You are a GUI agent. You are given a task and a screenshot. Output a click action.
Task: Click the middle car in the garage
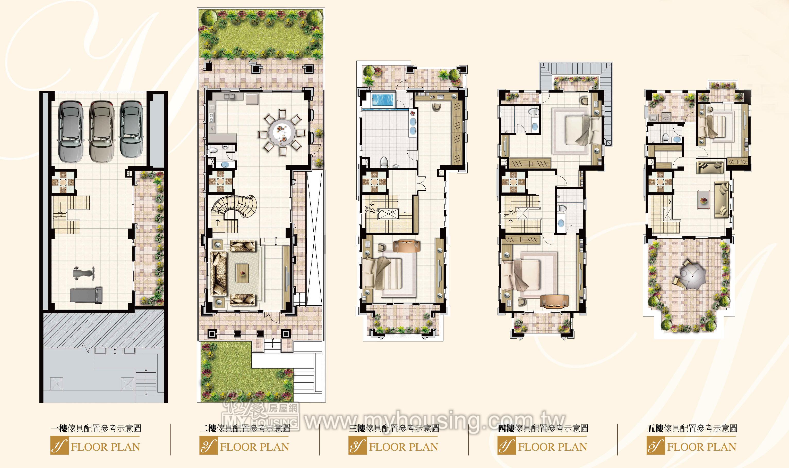click(x=101, y=131)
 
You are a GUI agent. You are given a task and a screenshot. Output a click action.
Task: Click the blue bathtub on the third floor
click(x=383, y=100)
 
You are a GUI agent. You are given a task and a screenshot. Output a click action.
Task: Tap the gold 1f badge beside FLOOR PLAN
click(x=59, y=446)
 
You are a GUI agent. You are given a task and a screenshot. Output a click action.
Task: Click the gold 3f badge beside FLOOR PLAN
click(x=358, y=446)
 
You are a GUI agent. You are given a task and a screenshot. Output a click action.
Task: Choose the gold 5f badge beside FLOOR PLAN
click(x=656, y=446)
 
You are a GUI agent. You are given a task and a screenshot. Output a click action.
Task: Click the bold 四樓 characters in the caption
click(x=506, y=428)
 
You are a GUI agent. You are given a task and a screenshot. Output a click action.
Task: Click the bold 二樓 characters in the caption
click(x=208, y=428)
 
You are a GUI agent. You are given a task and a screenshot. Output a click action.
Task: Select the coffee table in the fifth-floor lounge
click(x=703, y=200)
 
